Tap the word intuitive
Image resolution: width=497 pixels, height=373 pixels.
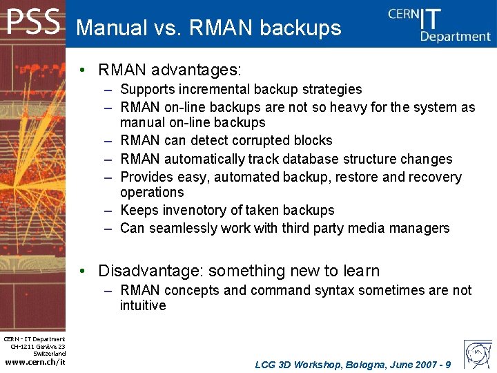tap(143, 305)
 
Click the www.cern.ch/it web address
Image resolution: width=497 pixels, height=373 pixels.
tap(35, 362)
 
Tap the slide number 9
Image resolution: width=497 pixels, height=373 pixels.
tap(448, 364)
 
